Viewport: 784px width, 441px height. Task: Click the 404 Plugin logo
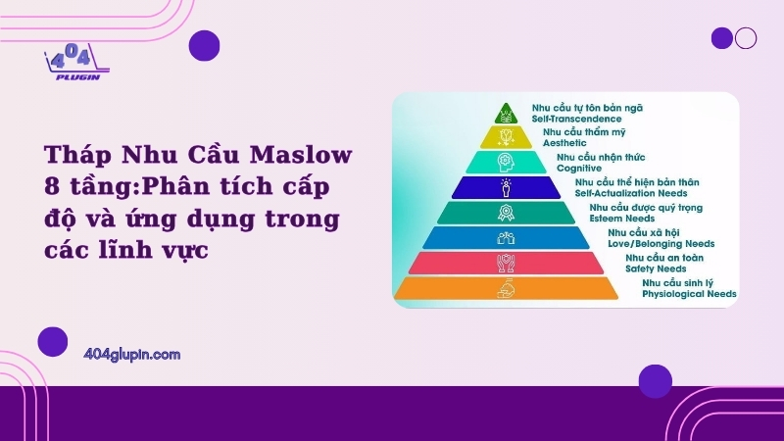(x=77, y=62)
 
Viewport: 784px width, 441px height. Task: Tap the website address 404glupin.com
(x=132, y=355)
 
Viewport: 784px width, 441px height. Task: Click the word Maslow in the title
(x=301, y=154)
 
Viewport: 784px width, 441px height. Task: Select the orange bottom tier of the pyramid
(x=506, y=288)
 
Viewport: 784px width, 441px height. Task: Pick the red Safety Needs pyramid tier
(x=506, y=263)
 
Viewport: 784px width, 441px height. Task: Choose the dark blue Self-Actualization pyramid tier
(x=506, y=187)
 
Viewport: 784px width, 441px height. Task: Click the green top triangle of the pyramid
(x=506, y=114)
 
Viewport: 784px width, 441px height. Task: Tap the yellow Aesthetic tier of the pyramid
(x=506, y=137)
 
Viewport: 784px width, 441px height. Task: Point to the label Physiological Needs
(x=689, y=294)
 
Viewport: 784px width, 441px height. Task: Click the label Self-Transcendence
(x=576, y=119)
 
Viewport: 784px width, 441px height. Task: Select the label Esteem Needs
(x=622, y=219)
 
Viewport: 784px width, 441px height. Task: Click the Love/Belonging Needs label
(x=661, y=243)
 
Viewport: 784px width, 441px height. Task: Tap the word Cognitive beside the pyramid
(x=579, y=168)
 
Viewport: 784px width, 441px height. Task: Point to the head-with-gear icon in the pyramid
(x=506, y=163)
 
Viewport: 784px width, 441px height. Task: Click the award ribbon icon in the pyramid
(x=506, y=213)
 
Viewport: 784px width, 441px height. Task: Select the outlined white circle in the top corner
(x=746, y=38)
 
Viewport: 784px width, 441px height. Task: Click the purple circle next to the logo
(x=204, y=45)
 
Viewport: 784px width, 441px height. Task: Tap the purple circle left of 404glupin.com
(x=53, y=342)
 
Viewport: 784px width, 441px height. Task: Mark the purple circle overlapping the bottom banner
(x=655, y=381)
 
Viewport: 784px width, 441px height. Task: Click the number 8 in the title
(x=52, y=186)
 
